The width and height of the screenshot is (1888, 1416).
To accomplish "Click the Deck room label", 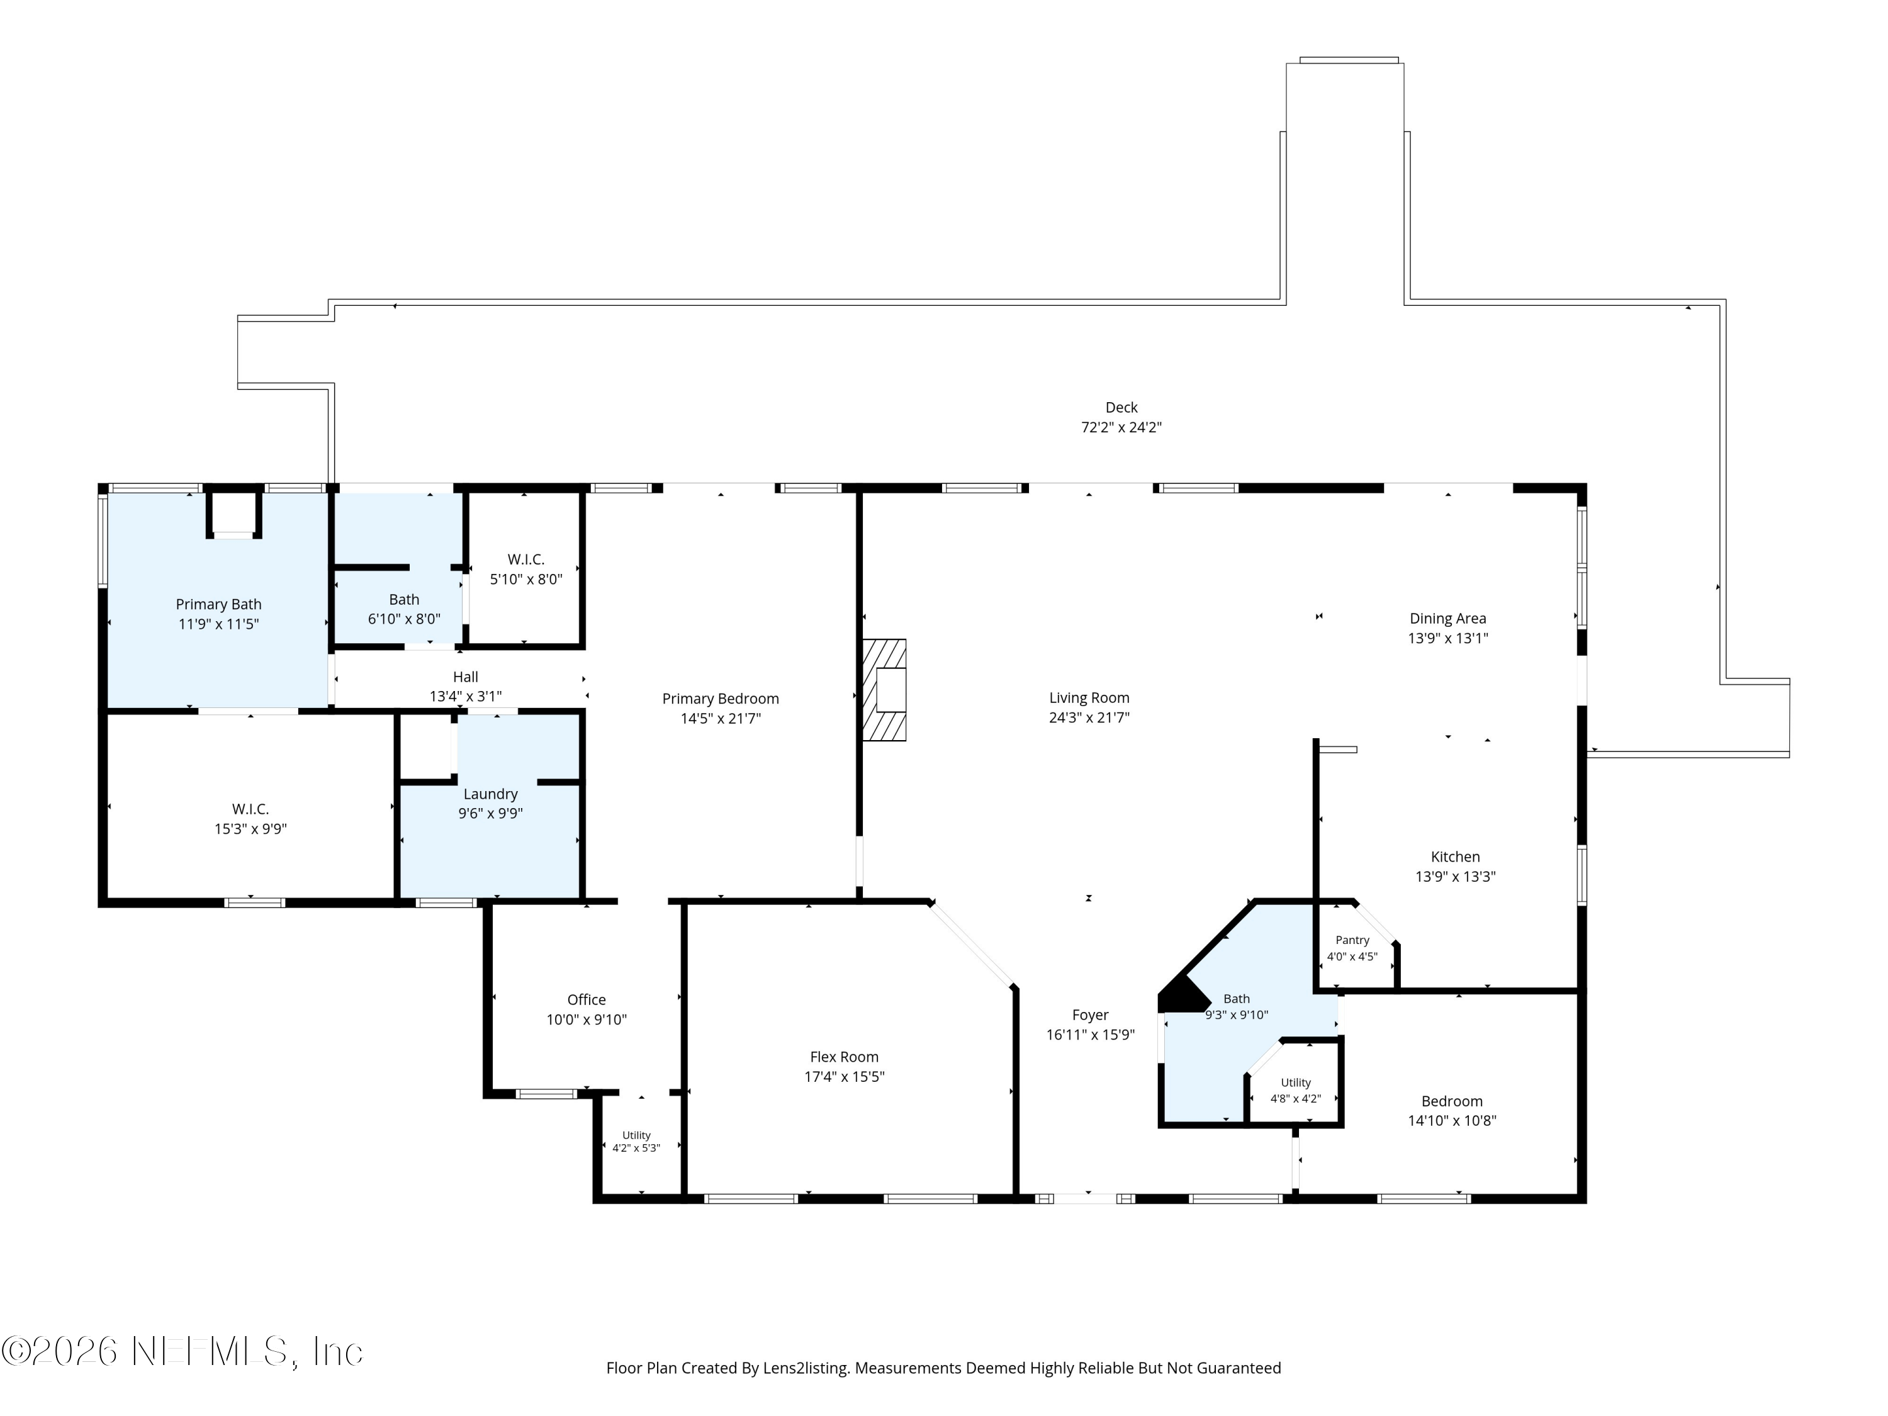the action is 1121,408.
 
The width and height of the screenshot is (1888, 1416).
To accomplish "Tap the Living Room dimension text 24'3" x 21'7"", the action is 1089,718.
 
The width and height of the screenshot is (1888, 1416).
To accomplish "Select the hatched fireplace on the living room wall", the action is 884,690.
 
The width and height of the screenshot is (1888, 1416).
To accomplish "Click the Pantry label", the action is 1352,940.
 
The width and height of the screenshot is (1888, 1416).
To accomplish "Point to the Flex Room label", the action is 844,1057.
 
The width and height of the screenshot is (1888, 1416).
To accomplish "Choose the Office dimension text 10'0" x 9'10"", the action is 587,1019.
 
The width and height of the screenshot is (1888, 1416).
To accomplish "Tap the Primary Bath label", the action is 218,604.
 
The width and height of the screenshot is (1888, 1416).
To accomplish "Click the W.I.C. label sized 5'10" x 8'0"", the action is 525,559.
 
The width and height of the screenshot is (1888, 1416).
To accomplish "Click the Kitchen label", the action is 1455,857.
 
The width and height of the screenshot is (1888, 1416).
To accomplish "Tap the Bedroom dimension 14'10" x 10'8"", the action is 1452,1121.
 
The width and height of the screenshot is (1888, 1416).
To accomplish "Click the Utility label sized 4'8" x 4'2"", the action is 1296,1082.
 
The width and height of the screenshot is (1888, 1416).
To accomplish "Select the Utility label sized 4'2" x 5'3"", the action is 637,1135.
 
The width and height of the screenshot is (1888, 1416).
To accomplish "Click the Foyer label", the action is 1090,1015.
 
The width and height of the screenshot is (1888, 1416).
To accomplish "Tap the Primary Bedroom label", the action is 721,699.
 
